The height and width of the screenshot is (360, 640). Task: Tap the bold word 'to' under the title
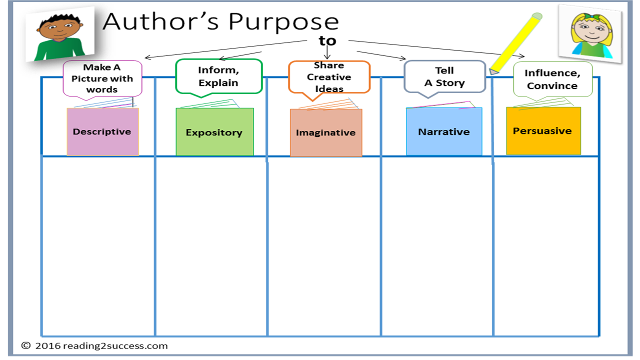[x=327, y=40]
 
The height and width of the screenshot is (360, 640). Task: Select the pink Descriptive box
[x=102, y=132]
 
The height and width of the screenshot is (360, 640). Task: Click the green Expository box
[x=214, y=132]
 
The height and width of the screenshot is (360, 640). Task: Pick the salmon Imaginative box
[x=326, y=133]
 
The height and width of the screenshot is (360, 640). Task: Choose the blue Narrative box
[x=444, y=132]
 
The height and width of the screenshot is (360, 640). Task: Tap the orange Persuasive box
[x=543, y=131]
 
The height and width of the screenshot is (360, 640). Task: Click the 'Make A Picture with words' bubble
[x=102, y=78]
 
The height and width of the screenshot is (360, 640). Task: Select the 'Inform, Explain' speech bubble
[x=218, y=76]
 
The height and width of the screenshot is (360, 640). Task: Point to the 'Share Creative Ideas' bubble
[x=329, y=77]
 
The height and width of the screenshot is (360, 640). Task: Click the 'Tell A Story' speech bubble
[x=444, y=76]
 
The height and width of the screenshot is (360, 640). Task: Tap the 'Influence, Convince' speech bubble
[x=552, y=79]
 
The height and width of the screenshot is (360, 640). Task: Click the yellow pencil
[x=517, y=42]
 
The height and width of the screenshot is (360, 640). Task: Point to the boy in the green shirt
[x=55, y=36]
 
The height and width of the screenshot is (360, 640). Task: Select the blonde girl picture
[x=590, y=34]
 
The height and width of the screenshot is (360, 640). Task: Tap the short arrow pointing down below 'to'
[x=327, y=53]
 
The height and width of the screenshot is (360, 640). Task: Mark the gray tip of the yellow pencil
[x=494, y=71]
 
